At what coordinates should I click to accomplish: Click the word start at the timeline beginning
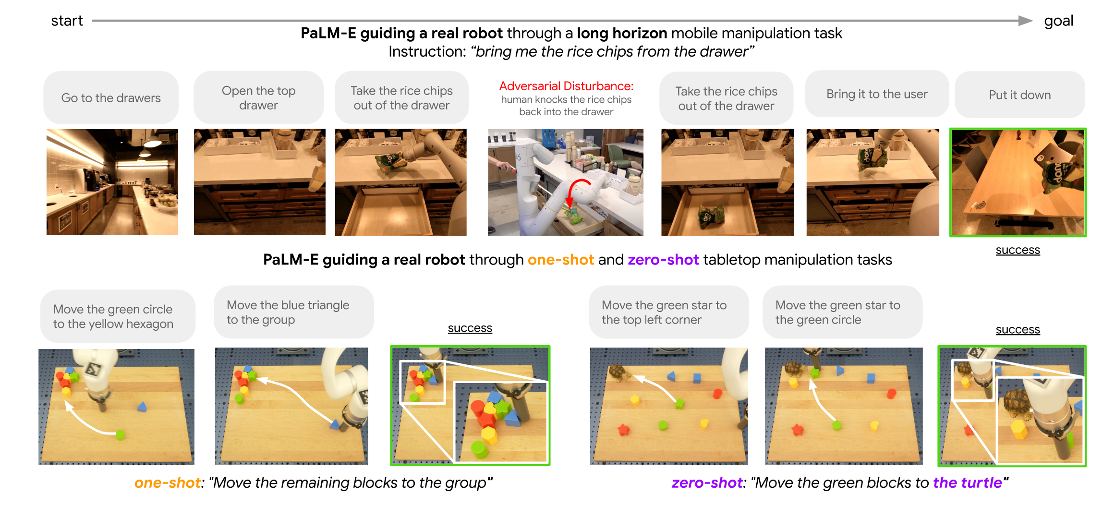[67, 21]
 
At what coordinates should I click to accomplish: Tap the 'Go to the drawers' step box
[111, 97]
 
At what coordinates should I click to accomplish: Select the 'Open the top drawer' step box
[258, 97]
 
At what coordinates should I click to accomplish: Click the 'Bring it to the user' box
[877, 94]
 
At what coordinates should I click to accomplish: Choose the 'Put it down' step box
[1020, 95]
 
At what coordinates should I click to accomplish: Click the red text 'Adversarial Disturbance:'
[566, 86]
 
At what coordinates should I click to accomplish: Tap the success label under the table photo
[1018, 250]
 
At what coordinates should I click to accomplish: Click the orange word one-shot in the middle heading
[560, 260]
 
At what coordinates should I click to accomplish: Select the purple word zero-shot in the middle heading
[663, 260]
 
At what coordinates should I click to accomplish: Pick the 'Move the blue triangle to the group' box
[294, 312]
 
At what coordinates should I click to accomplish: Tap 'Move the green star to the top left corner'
[669, 312]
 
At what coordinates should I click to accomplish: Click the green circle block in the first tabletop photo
[120, 434]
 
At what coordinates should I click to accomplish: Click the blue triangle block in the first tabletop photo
[142, 407]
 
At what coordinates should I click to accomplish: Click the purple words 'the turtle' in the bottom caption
[967, 482]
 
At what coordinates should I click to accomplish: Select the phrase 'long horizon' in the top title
[622, 33]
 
